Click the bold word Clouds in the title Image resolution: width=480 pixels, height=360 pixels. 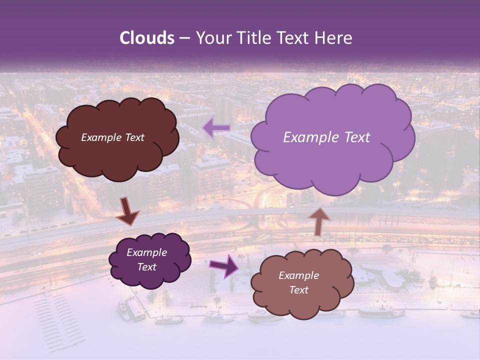(147, 38)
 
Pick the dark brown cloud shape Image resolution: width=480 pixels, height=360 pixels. (117, 160)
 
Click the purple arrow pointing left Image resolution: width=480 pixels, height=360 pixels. (216, 128)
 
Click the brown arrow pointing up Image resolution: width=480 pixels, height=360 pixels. (318, 221)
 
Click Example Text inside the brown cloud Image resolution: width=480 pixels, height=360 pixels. (112, 137)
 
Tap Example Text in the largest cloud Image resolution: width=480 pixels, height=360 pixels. (326, 137)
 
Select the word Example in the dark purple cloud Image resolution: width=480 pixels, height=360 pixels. (146, 252)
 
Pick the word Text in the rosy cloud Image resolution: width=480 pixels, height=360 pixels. (298, 290)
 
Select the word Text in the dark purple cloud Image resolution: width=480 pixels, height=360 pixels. (146, 267)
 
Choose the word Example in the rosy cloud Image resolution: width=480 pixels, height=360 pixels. (298, 275)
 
